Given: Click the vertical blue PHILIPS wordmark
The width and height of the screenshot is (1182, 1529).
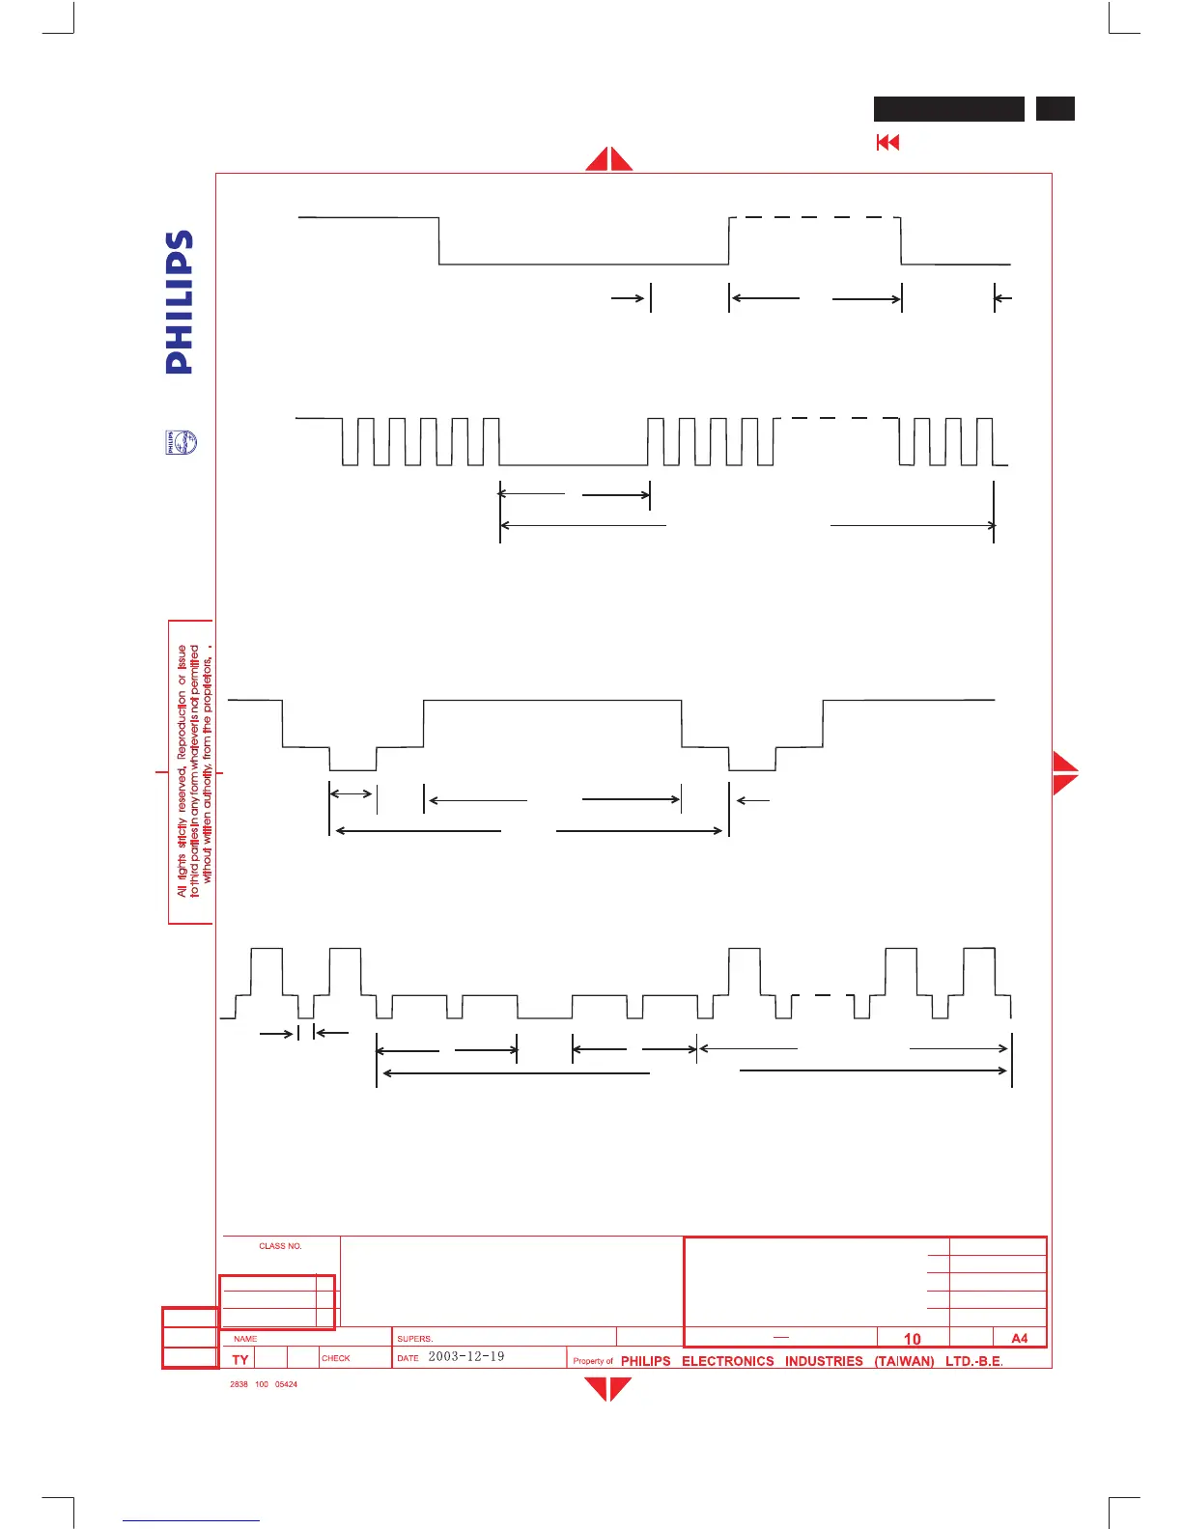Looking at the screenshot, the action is [x=180, y=302].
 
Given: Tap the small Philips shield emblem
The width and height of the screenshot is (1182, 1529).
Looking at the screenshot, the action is [x=181, y=443].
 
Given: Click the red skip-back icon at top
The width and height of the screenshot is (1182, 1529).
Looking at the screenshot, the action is [x=887, y=143].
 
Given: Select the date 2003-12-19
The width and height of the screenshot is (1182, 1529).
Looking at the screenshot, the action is [x=465, y=1356].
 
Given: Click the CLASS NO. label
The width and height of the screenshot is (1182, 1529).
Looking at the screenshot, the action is [x=280, y=1246].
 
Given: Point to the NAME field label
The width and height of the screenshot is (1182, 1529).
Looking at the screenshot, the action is [x=245, y=1339].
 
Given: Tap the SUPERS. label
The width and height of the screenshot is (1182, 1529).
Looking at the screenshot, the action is [x=415, y=1339].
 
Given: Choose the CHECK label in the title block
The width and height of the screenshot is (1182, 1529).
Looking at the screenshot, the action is [x=336, y=1358].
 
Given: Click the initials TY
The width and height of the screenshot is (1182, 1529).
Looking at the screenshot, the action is [x=240, y=1359].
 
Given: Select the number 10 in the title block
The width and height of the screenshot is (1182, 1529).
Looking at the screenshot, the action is [x=913, y=1339].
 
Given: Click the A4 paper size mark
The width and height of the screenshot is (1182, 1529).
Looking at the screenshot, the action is [x=1020, y=1338].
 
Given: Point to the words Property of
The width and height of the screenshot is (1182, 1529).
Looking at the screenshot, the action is [x=593, y=1361].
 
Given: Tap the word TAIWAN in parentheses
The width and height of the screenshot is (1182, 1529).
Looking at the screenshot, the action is [x=904, y=1361].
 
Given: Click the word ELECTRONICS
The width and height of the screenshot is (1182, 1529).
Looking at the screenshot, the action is [x=728, y=1361].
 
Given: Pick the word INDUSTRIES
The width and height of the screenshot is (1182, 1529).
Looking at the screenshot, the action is [x=824, y=1361].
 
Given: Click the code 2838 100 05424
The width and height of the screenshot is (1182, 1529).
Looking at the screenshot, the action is [x=264, y=1384].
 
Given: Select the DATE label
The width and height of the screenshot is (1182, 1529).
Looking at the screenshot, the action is [x=408, y=1358].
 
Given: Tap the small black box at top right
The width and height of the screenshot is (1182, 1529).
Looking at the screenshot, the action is [x=1055, y=109].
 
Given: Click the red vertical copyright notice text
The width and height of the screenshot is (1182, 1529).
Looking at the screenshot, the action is [x=194, y=771].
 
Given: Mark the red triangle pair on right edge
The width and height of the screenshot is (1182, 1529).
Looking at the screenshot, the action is [x=1065, y=772].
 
